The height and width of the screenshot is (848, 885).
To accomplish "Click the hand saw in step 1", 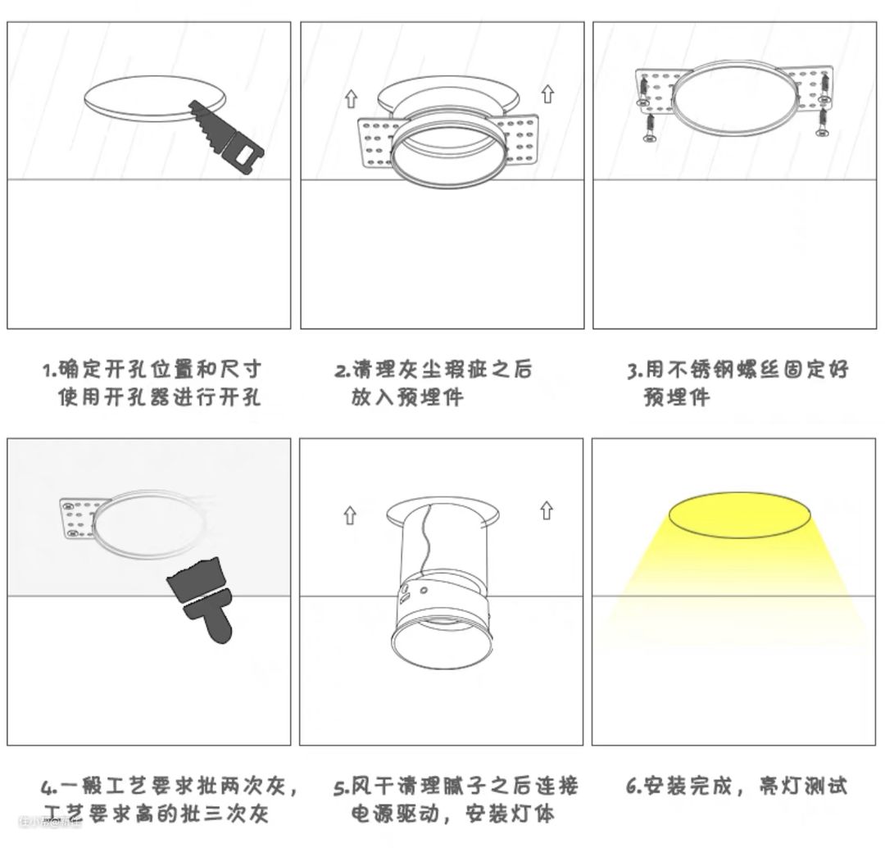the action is pos(226,136).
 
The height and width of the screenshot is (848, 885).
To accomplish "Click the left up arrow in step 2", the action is pos(351,99).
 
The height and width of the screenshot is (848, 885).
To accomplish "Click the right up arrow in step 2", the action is pos(547,94).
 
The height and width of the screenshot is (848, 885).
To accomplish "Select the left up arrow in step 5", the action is pos(351,515).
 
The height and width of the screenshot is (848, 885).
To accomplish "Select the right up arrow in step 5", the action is pos(547,510).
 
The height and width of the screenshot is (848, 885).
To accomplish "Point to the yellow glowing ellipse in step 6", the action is pos(739,515).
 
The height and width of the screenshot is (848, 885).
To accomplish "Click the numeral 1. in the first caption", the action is pos(50,370).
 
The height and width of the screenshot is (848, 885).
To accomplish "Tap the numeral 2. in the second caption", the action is pos(343,371).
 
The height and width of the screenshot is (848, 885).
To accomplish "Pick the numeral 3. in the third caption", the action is pos(636,370).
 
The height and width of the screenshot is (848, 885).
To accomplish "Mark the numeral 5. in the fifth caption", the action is pos(342,787).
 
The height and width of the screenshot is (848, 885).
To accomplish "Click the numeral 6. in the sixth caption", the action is pos(634,786).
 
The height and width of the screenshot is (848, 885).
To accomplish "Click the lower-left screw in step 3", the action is pos(649,129).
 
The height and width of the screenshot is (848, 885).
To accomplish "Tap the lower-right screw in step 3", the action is pos(823,122).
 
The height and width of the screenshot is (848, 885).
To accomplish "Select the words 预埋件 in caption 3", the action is pos(677,397).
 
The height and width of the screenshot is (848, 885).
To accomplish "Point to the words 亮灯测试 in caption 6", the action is pos(803,786).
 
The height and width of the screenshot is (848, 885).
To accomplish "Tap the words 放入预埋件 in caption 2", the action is pos(407,397).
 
